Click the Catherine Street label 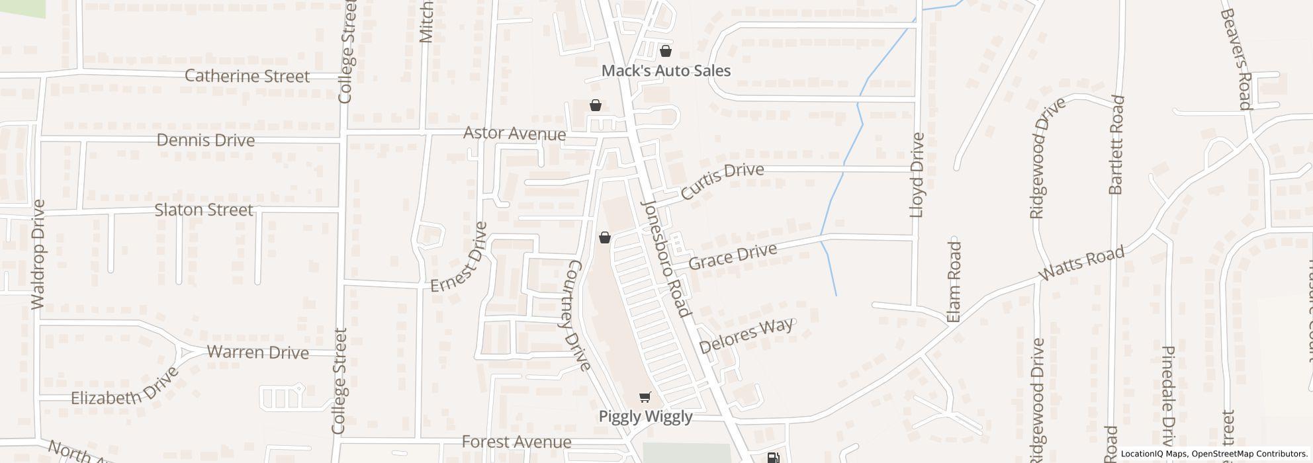click(247, 76)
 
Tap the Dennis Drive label click(206, 140)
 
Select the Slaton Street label click(204, 210)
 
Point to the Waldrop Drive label click(38, 254)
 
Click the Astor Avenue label click(514, 134)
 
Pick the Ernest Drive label click(459, 257)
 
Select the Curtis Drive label click(722, 181)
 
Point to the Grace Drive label click(733, 257)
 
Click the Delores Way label click(746, 336)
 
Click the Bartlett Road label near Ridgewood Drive click(1116, 145)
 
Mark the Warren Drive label click(258, 352)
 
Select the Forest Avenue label click(516, 442)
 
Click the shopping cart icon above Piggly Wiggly click(645, 398)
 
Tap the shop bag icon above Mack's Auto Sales click(666, 51)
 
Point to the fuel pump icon click(772, 458)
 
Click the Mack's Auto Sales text click(666, 71)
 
